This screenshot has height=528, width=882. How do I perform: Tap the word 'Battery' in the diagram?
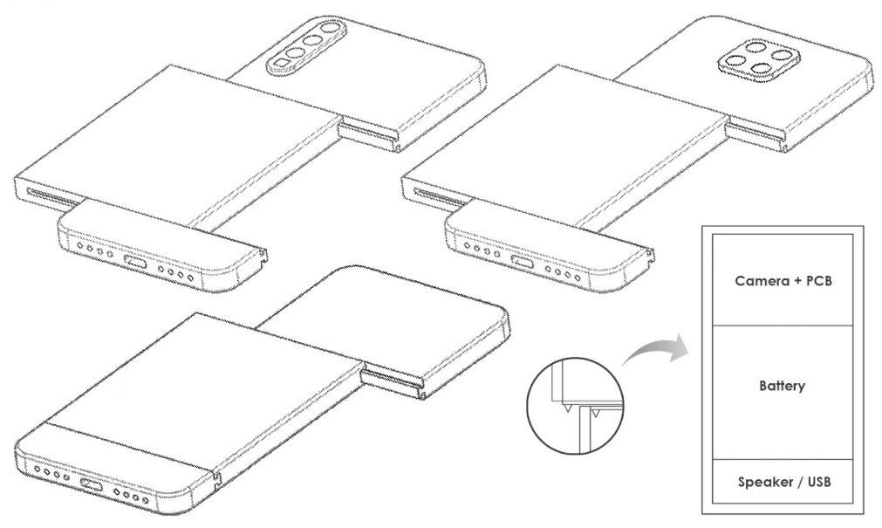click(x=781, y=386)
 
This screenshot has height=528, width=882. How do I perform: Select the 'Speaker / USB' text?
click(x=781, y=483)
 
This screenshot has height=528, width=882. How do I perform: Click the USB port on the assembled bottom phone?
click(x=91, y=483)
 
